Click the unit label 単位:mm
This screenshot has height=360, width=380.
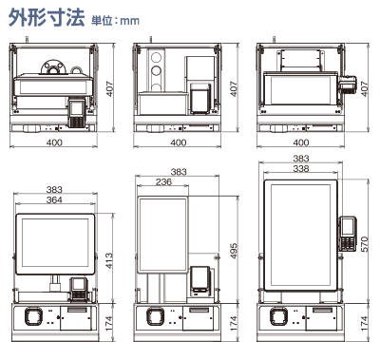pos(113,20)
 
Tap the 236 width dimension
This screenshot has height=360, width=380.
pos(163,182)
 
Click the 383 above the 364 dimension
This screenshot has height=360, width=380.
pos(54,189)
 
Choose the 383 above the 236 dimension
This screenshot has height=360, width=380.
pos(178,172)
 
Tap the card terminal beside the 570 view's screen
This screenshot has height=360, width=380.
pos(347,231)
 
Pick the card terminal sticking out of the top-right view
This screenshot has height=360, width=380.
pos(349,87)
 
